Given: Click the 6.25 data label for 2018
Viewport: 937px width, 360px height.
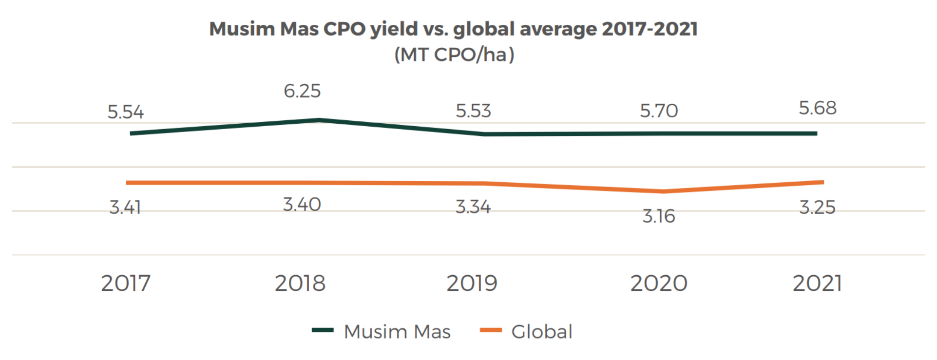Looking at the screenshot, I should tap(302, 91).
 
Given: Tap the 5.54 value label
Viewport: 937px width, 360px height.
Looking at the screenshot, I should tap(126, 113).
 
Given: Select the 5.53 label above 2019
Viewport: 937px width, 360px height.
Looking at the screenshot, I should tap(473, 111).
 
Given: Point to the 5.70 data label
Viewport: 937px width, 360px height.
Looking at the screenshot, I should tap(659, 111).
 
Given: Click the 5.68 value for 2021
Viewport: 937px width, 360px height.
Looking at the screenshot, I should tap(818, 108).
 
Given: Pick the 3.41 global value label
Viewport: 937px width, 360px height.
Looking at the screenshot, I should tap(125, 208).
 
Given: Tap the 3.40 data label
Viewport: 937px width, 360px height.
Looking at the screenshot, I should tap(302, 205).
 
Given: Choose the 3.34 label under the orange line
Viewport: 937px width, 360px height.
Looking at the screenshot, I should tap(473, 207).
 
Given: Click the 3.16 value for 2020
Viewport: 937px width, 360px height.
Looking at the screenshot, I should tap(659, 216).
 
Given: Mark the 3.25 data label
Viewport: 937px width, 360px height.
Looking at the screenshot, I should tap(818, 208).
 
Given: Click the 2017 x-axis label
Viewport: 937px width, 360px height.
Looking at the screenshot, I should tap(126, 284).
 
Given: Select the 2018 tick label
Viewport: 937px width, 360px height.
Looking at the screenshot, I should tap(300, 284).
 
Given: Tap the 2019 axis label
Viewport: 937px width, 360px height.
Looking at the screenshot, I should tap(472, 284).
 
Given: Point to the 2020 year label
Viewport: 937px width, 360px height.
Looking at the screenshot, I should tap(659, 284).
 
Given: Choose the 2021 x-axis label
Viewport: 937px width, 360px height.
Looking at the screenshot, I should tap(817, 284).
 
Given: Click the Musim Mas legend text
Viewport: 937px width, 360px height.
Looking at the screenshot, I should tap(397, 332).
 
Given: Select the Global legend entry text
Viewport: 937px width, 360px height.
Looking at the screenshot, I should tap(541, 332).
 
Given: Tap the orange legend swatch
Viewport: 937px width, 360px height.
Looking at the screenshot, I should tap(491, 330).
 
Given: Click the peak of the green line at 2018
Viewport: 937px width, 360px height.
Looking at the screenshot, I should tap(319, 120).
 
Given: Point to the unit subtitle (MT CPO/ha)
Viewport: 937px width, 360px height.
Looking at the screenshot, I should tap(454, 55).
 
